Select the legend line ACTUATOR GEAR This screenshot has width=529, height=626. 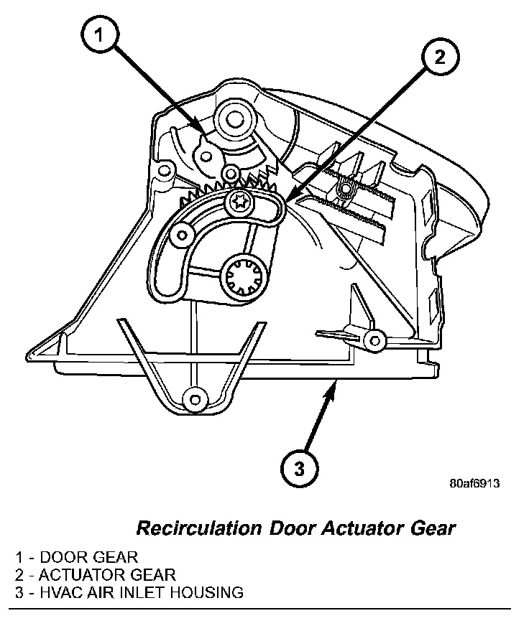[94, 574]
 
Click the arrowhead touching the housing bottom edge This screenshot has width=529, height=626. [331, 388]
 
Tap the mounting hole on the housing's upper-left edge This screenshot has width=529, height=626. [165, 170]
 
